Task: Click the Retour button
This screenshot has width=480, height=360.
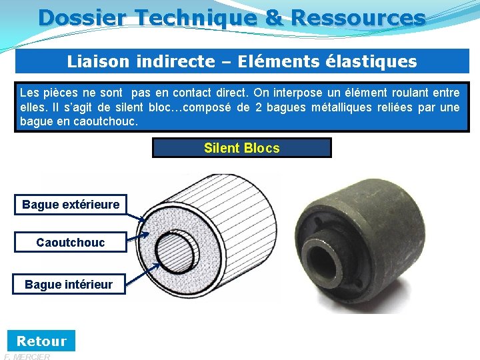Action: click(41, 341)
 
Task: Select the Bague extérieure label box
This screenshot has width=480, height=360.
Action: click(71, 205)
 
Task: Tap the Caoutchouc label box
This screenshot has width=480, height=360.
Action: click(71, 243)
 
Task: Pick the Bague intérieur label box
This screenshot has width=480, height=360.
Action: click(69, 285)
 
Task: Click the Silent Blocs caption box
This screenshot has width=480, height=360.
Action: click(241, 148)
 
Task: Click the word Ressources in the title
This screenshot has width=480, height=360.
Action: click(358, 17)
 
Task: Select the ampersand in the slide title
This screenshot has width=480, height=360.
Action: click(274, 17)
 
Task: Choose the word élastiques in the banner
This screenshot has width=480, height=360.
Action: click(370, 62)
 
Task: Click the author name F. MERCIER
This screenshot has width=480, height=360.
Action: click(27, 356)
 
